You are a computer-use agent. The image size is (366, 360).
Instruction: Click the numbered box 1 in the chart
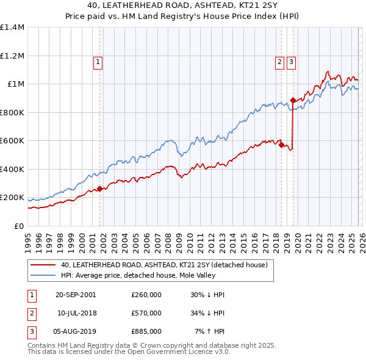[x=98, y=61]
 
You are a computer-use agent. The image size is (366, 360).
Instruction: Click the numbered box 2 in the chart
[x=279, y=61]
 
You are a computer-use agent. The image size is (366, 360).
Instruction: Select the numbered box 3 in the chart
[x=292, y=61]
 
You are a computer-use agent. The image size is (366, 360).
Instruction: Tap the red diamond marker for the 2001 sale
[x=99, y=189]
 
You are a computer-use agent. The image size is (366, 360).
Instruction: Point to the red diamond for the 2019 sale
[x=293, y=100]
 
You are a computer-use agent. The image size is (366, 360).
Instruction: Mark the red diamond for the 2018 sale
[x=281, y=145]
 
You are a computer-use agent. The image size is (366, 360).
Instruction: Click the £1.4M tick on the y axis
[x=12, y=27]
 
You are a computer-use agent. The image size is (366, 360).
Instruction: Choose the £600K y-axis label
[x=12, y=141]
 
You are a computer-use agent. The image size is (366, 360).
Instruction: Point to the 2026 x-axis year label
[x=361, y=240]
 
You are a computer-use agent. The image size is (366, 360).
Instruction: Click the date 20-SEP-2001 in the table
[x=76, y=295]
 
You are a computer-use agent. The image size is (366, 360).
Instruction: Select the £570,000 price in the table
[x=146, y=313]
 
